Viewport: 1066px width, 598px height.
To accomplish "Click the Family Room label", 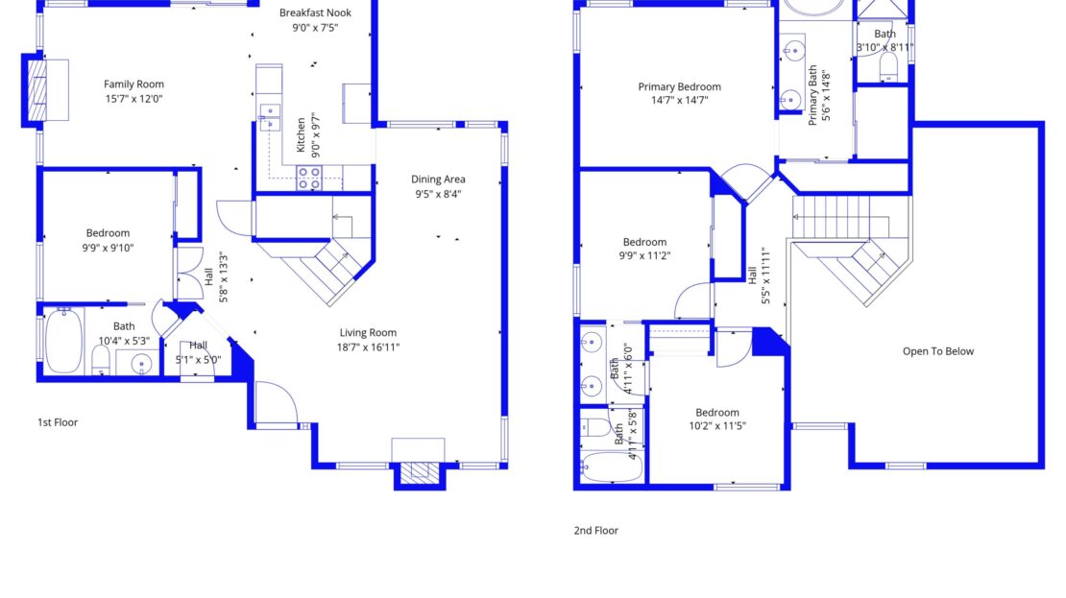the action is [x=133, y=84].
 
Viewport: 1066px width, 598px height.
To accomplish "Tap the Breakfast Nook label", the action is [x=315, y=12].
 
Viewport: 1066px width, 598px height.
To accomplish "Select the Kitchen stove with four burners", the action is [x=308, y=178].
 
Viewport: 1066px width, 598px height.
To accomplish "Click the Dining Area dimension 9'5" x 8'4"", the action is [x=438, y=194].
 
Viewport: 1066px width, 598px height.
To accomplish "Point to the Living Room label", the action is [x=368, y=332].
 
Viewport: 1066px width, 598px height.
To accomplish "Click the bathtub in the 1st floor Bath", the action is [x=64, y=340].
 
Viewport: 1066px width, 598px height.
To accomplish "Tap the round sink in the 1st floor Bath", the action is [x=141, y=364].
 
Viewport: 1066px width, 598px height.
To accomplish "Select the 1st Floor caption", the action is [x=58, y=422].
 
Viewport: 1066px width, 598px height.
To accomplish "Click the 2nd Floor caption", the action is [x=596, y=531].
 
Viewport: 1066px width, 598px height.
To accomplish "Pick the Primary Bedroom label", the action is [x=679, y=87].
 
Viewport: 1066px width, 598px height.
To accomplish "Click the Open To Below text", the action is [x=938, y=351].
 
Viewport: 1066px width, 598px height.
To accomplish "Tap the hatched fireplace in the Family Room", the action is [x=38, y=90].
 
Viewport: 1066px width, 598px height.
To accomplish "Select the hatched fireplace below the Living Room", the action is [x=420, y=473].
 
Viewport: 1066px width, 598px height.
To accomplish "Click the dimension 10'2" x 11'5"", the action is [x=717, y=426].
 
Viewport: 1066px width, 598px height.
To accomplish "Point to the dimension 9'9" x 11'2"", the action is [x=644, y=256].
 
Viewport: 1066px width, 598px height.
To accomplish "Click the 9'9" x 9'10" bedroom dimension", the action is [x=109, y=248].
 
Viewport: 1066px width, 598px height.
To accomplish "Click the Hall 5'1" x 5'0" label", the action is [x=198, y=352].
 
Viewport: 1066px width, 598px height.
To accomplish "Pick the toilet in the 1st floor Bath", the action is [x=101, y=360].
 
